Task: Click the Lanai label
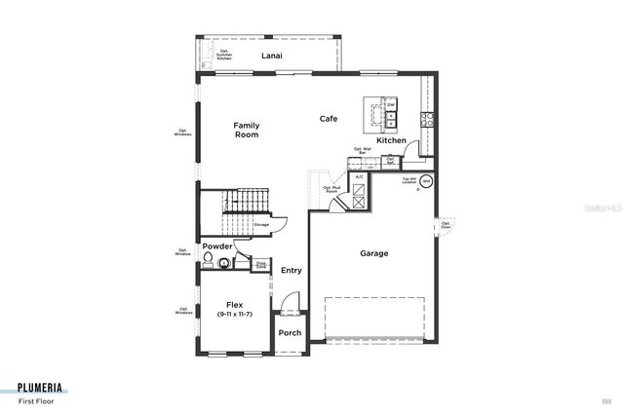[x=271, y=56]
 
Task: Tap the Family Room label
[x=247, y=130]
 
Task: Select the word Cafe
[x=329, y=119]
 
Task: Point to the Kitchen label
[x=391, y=141]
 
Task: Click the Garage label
[x=373, y=253]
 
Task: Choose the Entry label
[x=291, y=270]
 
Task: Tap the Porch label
[x=290, y=333]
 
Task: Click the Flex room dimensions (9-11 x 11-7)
[x=234, y=314]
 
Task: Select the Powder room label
[x=217, y=246]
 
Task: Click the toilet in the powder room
[x=208, y=260]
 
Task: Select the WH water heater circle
[x=426, y=181]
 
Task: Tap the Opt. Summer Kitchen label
[x=223, y=57]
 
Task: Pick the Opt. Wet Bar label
[x=362, y=151]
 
